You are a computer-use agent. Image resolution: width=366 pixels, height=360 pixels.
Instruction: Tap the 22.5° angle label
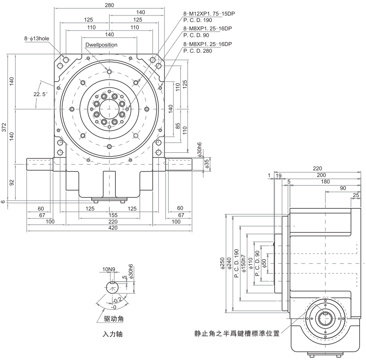(x=40, y=94)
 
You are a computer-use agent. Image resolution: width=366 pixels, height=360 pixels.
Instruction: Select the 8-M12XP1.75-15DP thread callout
(x=209, y=14)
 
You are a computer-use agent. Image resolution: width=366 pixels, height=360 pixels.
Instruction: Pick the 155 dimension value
(x=109, y=215)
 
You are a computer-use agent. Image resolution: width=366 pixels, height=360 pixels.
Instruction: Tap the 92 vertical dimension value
(x=12, y=182)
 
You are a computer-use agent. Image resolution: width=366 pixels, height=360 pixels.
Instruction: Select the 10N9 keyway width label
(x=108, y=269)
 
